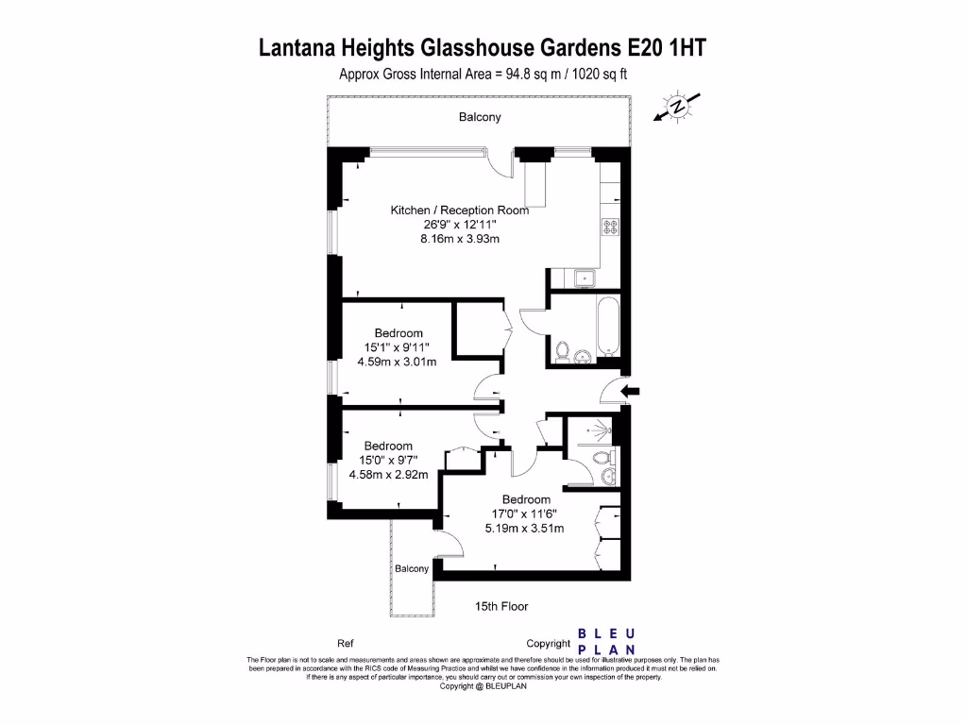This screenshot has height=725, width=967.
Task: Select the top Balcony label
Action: coord(480,118)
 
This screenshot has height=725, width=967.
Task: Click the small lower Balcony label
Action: coord(412,568)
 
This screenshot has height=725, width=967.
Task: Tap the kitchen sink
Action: coord(585,278)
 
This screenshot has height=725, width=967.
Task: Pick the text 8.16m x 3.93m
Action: coord(460,239)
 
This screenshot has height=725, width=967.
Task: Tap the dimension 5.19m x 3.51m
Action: coord(526,528)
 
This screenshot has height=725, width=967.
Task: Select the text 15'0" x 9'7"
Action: coord(387,460)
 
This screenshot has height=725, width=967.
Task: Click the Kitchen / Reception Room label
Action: coord(460,211)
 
